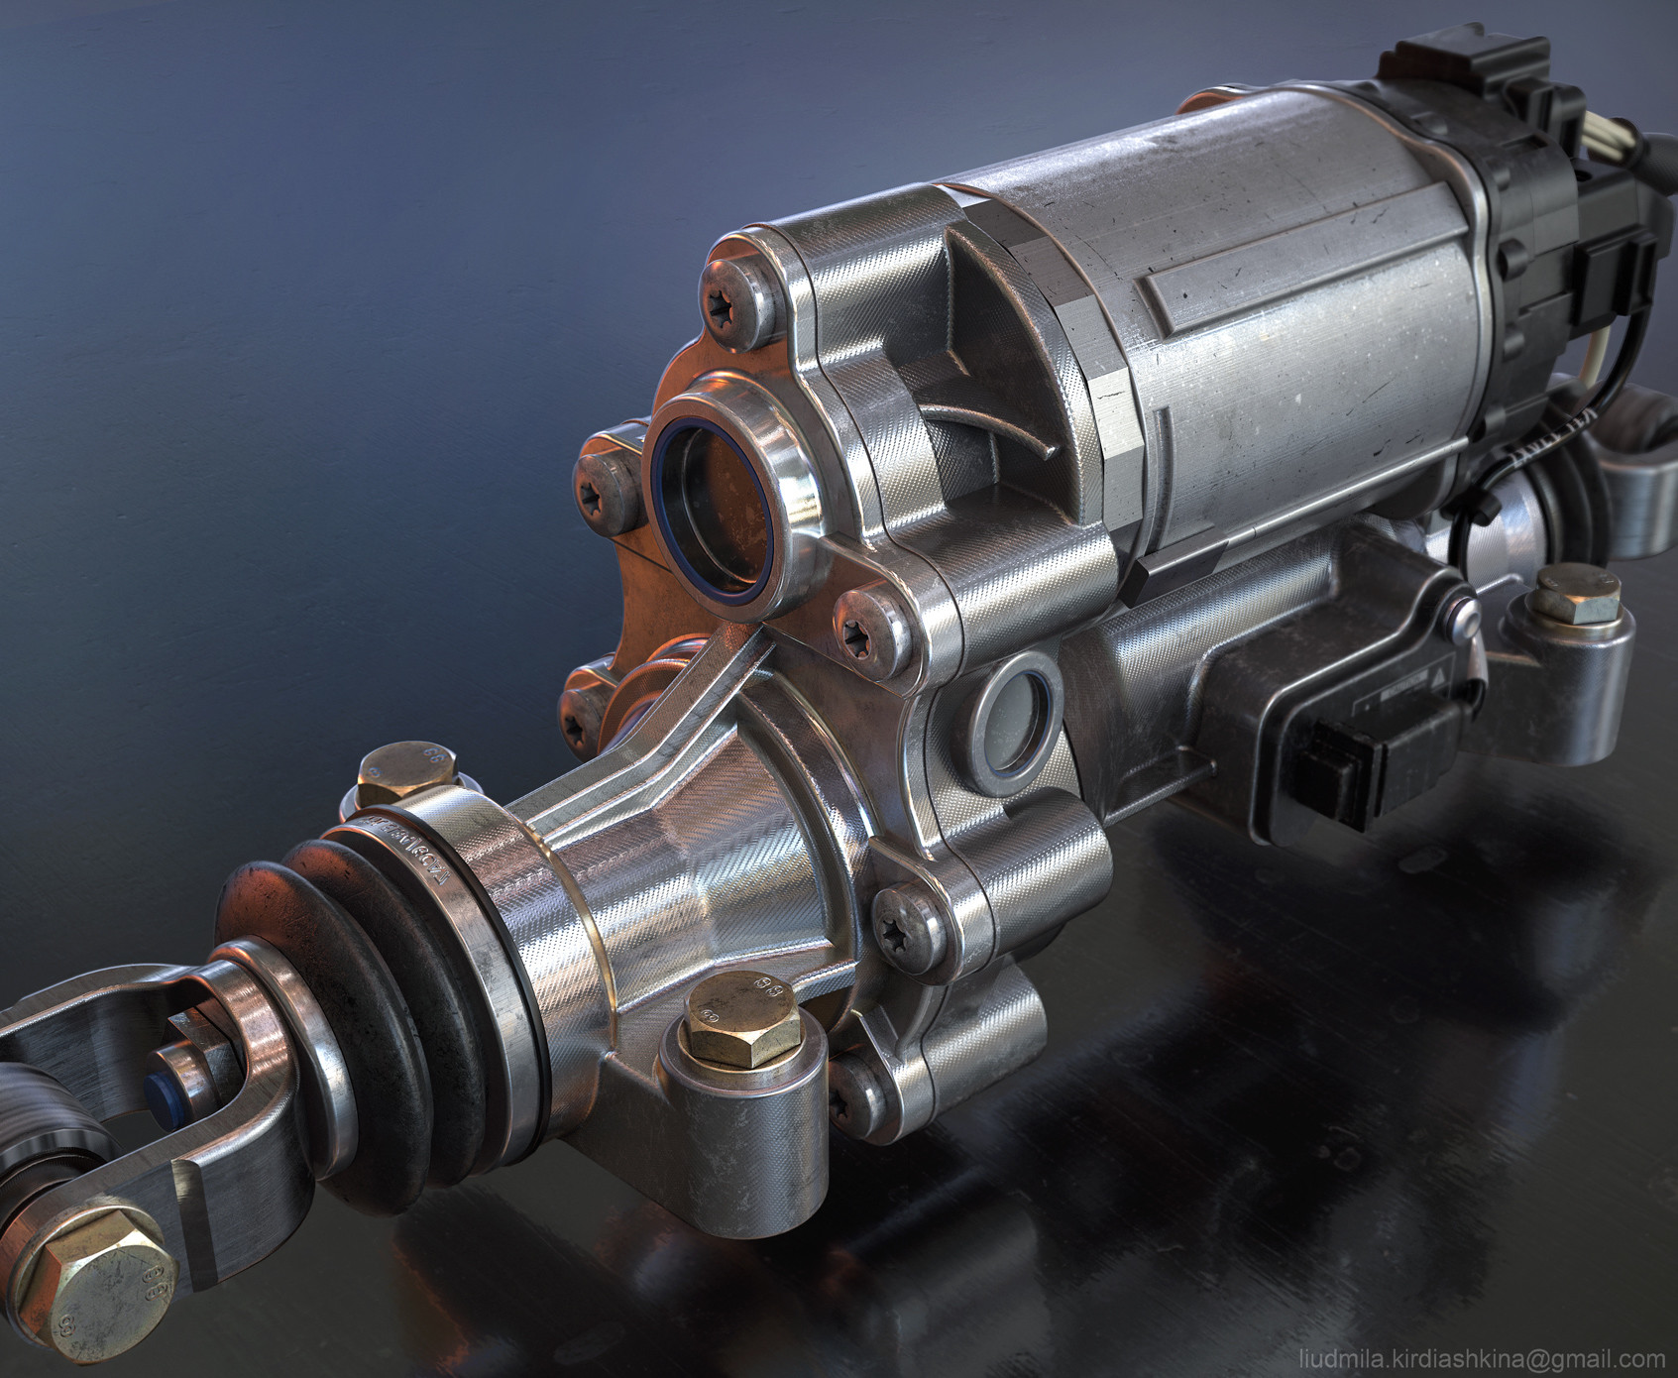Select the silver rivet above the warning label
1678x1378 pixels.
pyautogui.click(x=1465, y=620)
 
